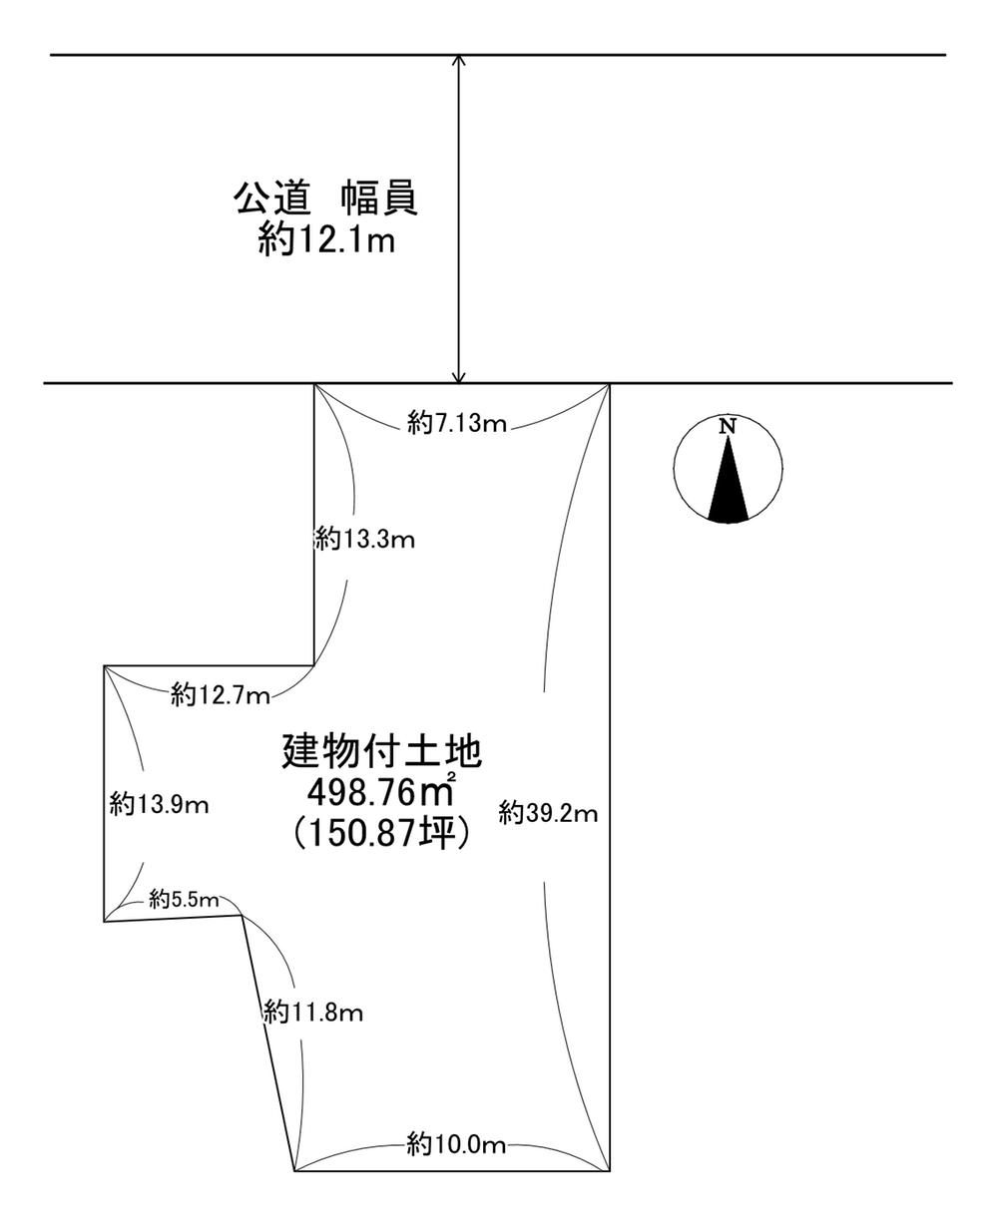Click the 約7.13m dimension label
pos(458,424)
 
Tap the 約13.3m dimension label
pos(364,540)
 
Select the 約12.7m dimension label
pos(221,695)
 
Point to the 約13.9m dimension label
pos(160,804)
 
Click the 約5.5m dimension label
pos(184,900)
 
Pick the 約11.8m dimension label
pos(313,1014)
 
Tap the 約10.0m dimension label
pos(457,1144)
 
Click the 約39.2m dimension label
pos(549,813)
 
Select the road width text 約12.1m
pos(326,241)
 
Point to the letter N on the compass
pos(729,426)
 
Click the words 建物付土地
pos(382,749)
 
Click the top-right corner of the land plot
pos(609,384)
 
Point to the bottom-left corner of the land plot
pos(295,1170)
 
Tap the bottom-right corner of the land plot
pos(609,1170)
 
